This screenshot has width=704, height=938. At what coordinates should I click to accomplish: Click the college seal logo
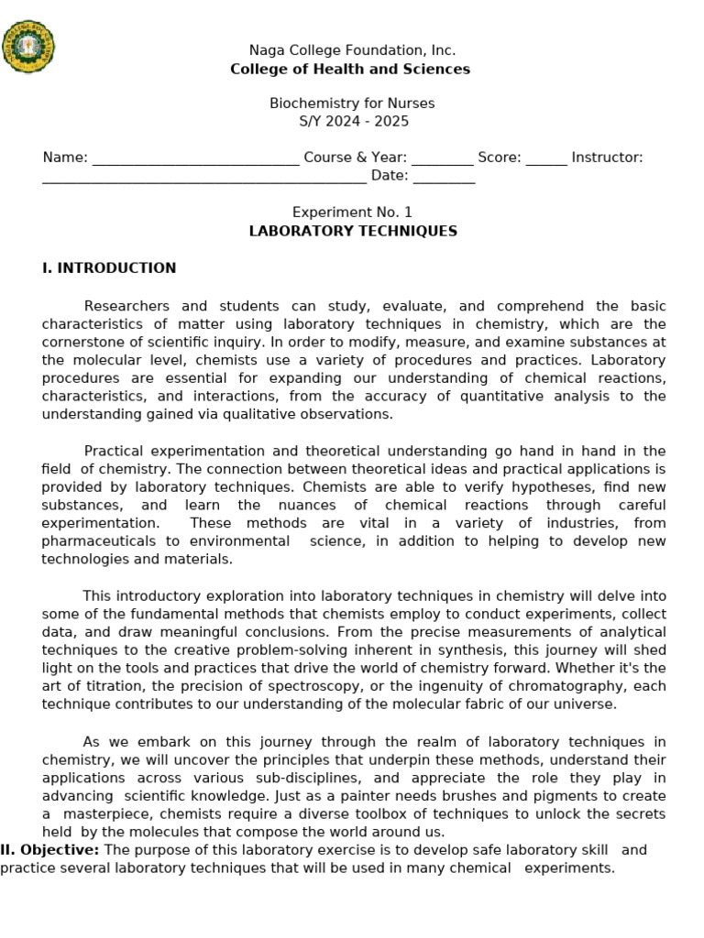(28, 47)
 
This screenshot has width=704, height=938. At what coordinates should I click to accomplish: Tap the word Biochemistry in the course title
(310, 104)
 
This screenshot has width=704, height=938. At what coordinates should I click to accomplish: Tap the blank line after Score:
(546, 158)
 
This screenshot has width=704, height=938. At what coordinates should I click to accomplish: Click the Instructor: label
(607, 158)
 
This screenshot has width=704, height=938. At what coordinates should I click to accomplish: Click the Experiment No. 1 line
(352, 213)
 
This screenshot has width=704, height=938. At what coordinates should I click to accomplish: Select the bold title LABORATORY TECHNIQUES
(352, 231)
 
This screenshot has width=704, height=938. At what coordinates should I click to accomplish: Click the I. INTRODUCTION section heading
(109, 268)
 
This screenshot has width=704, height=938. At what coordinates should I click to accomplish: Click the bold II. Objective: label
(51, 850)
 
